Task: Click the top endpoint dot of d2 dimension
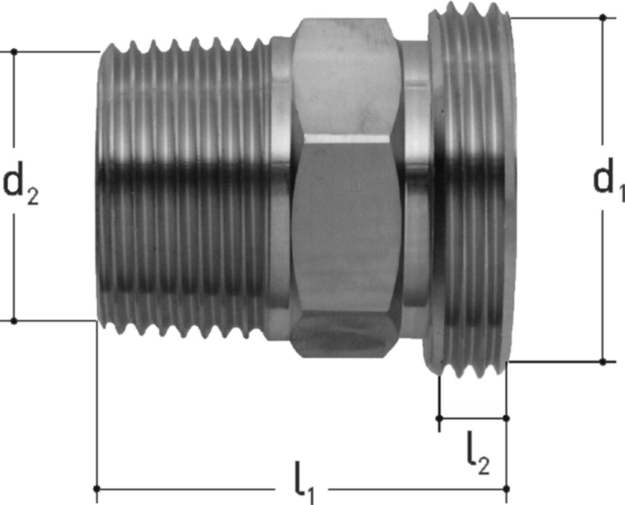tap(14, 52)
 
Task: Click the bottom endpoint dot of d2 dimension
tap(14, 320)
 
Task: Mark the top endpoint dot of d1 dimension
tap(603, 17)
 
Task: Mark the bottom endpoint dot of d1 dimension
tap(603, 362)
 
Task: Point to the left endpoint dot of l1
tap(97, 489)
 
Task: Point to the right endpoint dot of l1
tap(507, 489)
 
